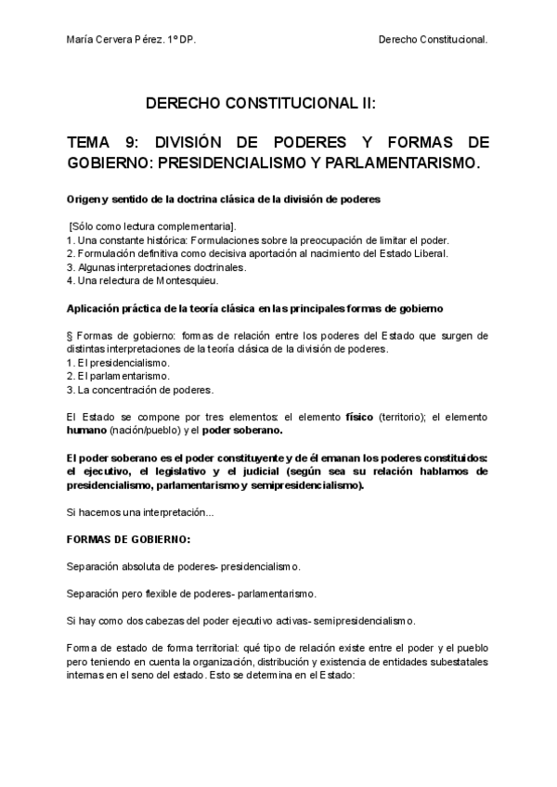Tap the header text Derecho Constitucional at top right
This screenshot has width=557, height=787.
tap(434, 41)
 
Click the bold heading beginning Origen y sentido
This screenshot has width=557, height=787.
tap(223, 200)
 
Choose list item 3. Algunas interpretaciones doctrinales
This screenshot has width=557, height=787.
tap(156, 266)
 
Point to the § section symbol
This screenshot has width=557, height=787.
tap(71, 336)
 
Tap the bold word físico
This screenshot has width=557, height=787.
tap(359, 417)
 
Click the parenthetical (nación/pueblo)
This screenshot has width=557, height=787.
tap(145, 431)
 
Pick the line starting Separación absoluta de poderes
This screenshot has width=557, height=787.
tap(183, 565)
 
